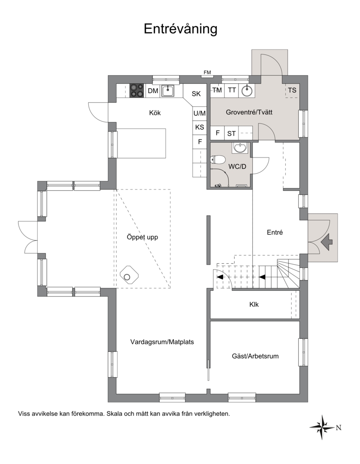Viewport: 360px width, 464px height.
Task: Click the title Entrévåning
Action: click(180, 29)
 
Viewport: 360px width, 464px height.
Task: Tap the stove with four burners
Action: click(137, 90)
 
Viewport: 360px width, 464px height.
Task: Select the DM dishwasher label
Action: click(153, 91)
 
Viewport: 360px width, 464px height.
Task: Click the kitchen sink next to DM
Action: click(168, 90)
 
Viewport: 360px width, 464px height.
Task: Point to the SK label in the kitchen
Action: click(196, 94)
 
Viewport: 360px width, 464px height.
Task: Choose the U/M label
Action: click(199, 113)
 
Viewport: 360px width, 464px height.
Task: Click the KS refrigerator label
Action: click(200, 127)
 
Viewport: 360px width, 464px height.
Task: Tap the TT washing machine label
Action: click(232, 90)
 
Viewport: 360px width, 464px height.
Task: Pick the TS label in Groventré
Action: click(292, 90)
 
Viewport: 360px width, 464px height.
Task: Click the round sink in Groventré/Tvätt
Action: click(247, 90)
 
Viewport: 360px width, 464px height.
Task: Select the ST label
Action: click(231, 134)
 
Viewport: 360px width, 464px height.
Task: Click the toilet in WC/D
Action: click(217, 160)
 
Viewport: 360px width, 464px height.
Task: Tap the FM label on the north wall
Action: click(207, 72)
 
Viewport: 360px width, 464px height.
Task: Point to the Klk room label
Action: click(254, 305)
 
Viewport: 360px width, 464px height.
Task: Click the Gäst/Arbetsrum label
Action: click(255, 356)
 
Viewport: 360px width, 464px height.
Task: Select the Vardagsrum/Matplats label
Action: click(162, 342)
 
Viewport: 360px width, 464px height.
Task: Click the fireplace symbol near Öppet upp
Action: click(129, 275)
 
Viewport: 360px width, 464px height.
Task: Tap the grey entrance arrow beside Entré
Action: click(327, 242)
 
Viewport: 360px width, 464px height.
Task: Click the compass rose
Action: click(323, 427)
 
